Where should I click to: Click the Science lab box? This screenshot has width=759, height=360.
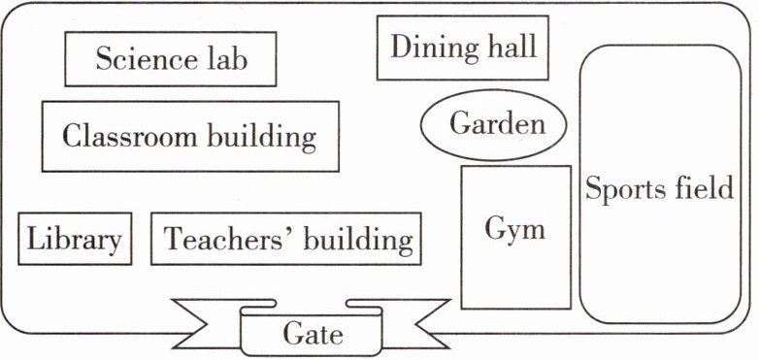171,59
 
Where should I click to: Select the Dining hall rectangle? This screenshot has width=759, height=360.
463,48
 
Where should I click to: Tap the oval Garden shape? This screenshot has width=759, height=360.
493,125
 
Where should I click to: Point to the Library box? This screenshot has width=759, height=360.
75,239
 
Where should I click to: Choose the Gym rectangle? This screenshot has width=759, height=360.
516,237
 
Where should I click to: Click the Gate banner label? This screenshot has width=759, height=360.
313,335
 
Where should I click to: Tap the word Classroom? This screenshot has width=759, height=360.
130,135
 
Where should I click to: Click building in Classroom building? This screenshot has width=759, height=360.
262,137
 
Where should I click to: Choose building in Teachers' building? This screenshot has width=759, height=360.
359,240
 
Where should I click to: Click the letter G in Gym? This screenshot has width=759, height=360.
495,228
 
